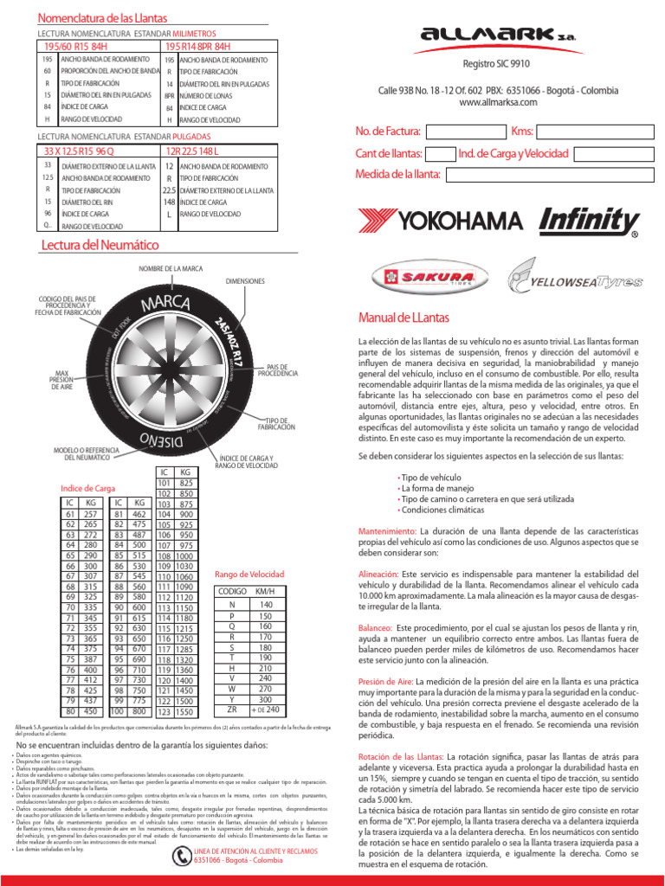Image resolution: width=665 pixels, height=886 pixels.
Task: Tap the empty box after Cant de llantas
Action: click(441, 154)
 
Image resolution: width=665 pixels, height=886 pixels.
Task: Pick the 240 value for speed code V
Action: click(265, 678)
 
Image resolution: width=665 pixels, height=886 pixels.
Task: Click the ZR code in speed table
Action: click(230, 709)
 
